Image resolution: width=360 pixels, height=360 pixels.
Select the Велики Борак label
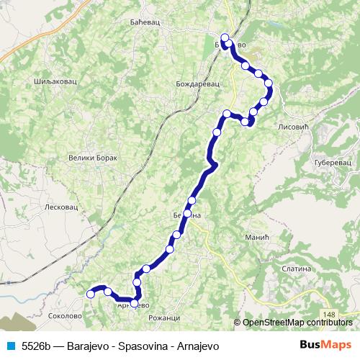[91, 158]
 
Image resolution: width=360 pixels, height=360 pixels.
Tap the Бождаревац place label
[197, 84]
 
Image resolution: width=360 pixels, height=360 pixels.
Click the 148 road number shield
[330, 315]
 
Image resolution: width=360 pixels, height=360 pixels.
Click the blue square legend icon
[10, 346]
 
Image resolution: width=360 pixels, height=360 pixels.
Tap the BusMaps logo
[326, 346]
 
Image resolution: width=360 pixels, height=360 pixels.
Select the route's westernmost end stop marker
[91, 293]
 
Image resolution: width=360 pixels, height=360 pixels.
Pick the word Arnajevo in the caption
[194, 346]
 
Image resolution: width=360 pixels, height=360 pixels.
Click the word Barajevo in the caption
[91, 346]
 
